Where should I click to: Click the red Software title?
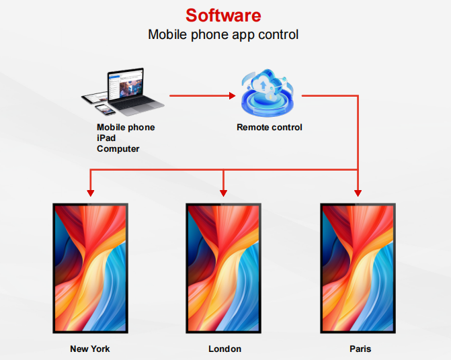coord(223,15)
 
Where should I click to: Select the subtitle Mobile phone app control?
coord(223,35)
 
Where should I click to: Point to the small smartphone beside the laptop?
coord(105,109)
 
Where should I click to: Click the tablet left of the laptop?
coord(95,98)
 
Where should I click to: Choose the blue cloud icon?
coord(268,93)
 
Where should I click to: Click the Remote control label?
coord(270,128)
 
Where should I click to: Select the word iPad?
coord(106,138)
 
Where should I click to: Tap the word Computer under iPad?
coord(118,149)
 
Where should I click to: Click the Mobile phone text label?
coord(126,128)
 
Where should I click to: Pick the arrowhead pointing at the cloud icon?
coord(233,95)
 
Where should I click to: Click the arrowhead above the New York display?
coord(91,193)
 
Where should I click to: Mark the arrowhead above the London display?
coord(224,193)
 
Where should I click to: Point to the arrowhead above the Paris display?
coord(358,193)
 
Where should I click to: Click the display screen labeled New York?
coord(90,269)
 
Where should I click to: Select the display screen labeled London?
coord(224,269)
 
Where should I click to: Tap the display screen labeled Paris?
coord(358,269)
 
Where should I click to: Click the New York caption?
coord(90,349)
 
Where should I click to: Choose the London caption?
coord(224,349)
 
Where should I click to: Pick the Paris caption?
coord(360,349)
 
